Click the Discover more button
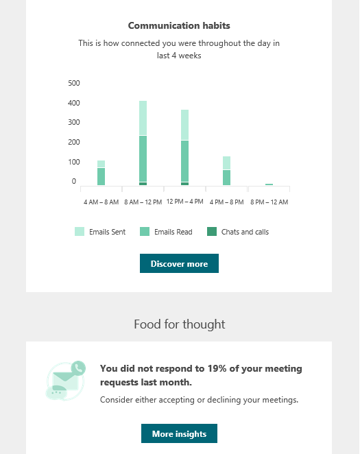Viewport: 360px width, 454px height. click(179, 263)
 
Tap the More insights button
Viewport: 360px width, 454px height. click(179, 433)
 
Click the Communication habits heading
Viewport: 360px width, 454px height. click(179, 25)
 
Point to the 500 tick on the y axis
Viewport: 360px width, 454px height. click(74, 83)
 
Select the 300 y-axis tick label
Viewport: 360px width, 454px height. click(74, 122)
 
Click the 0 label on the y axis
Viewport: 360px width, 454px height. click(74, 181)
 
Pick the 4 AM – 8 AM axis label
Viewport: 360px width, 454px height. click(101, 202)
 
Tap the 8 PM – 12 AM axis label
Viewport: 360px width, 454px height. click(269, 202)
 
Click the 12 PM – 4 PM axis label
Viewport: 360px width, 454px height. click(185, 202)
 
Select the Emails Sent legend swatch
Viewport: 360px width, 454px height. click(80, 232)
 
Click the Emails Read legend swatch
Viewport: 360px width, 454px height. click(145, 232)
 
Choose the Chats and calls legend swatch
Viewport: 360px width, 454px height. click(212, 232)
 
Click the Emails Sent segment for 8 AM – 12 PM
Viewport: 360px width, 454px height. click(143, 118)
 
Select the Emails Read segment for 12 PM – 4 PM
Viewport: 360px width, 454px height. click(185, 161)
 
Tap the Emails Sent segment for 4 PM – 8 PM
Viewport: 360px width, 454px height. click(226, 163)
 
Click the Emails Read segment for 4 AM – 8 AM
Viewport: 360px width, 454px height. click(101, 177)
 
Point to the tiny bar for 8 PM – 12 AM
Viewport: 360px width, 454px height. click(269, 184)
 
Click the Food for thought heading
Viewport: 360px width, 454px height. click(180, 324)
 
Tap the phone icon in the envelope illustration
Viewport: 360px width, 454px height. click(78, 368)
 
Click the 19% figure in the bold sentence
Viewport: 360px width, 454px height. click(217, 368)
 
